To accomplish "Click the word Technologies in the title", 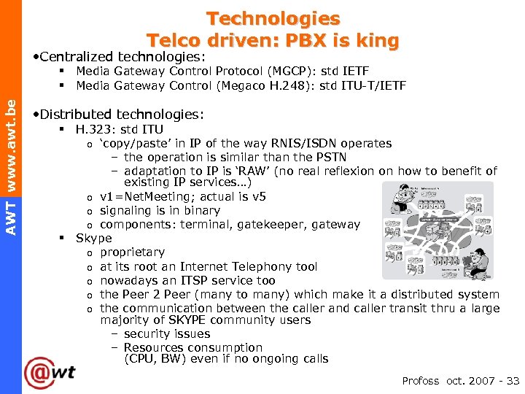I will pyautogui.click(x=273, y=18).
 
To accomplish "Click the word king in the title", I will pyautogui.click(x=375, y=40).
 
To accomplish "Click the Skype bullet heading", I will pyautogui.click(x=94, y=239).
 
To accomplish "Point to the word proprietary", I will pyautogui.click(x=132, y=252).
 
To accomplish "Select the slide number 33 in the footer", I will pyautogui.click(x=513, y=381).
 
